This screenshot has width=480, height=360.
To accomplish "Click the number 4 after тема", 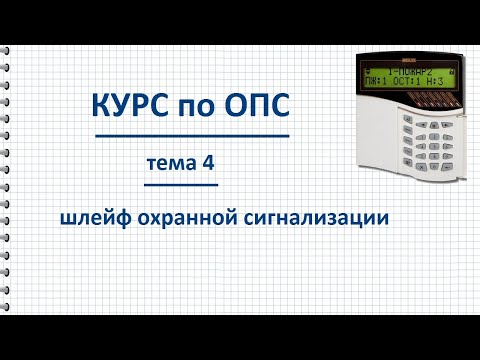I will click(210, 161).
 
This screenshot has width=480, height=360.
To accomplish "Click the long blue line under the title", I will click(192, 135).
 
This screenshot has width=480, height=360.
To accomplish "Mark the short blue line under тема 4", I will click(181, 185).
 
